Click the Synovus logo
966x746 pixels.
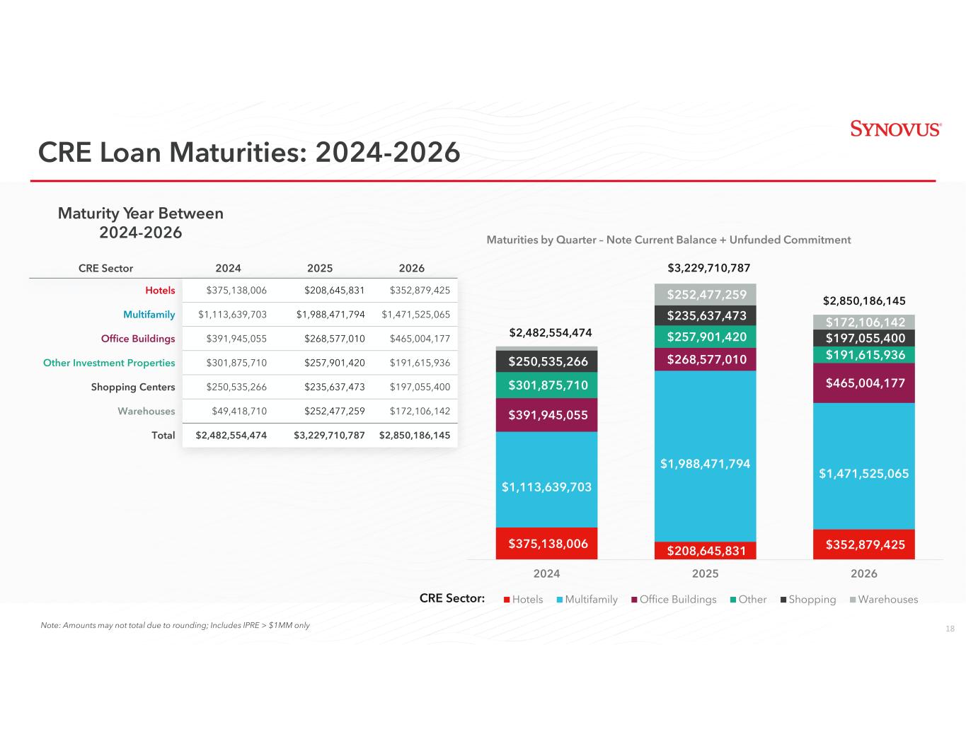(895, 129)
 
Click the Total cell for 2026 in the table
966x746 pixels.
(415, 436)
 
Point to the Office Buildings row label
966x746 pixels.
(138, 339)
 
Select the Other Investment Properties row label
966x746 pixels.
(109, 363)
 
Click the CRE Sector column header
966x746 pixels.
(105, 269)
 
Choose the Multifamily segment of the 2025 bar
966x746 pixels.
(706, 463)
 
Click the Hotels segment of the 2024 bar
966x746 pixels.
(547, 543)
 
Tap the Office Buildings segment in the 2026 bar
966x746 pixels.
(864, 383)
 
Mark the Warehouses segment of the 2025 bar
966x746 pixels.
(706, 294)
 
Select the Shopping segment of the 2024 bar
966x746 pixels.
(547, 362)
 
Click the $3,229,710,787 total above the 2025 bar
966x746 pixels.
(709, 269)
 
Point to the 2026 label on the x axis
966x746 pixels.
(864, 573)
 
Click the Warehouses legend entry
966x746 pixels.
(884, 600)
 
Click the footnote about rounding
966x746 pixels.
(176, 626)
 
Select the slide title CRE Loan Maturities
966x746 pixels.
(249, 152)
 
